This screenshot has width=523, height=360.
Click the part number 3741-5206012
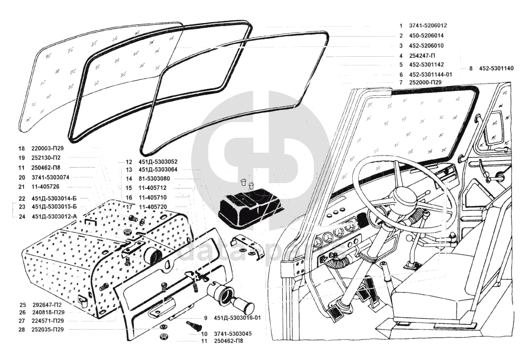pyautogui.click(x=428, y=25)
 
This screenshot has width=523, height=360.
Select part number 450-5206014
pyautogui.click(x=426, y=36)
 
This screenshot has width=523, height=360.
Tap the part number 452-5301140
pyautogui.click(x=496, y=68)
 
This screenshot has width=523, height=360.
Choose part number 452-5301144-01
pyautogui.click(x=430, y=75)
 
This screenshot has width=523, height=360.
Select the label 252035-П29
pyautogui.click(x=48, y=329)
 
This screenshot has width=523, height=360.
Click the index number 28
pyautogui.click(x=22, y=329)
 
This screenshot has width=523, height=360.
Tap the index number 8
pyautogui.click(x=470, y=68)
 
